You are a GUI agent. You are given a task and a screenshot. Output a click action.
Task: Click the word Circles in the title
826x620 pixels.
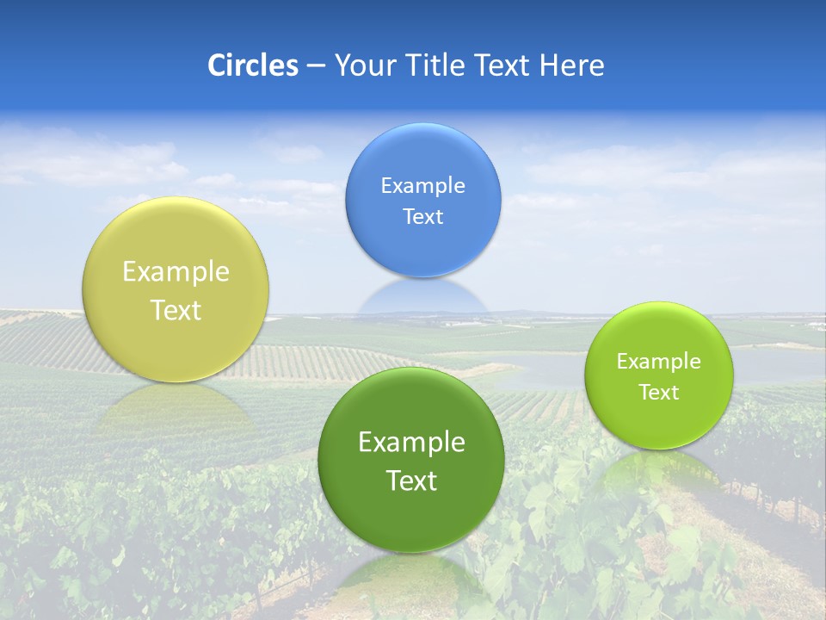(x=253, y=65)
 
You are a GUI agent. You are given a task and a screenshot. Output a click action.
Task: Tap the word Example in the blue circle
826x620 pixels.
(x=423, y=186)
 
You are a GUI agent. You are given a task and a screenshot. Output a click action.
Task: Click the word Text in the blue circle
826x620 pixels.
(x=423, y=217)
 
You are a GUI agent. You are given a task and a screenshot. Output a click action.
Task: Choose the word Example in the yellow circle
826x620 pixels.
(x=176, y=272)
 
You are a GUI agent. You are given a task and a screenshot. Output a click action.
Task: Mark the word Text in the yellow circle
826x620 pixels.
(x=176, y=310)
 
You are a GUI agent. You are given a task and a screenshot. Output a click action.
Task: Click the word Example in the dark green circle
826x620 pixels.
(x=411, y=443)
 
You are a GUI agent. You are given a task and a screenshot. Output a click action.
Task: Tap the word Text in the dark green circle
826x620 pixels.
(x=411, y=480)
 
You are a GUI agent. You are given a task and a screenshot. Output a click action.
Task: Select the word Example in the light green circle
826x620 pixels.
(x=659, y=362)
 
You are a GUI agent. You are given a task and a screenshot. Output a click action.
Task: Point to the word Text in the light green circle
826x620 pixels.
(x=659, y=393)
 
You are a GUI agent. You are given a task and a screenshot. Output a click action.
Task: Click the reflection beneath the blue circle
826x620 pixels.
(x=423, y=297)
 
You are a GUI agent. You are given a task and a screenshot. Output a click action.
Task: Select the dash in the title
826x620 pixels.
(x=316, y=66)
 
